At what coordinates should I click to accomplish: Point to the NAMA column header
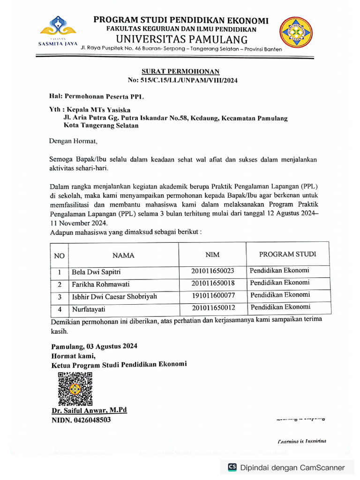[x=123, y=255]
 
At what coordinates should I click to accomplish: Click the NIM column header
[x=212, y=255]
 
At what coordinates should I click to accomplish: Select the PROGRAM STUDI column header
[x=287, y=254]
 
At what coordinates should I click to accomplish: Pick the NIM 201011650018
[x=213, y=283]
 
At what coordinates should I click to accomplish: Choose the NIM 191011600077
[x=213, y=295]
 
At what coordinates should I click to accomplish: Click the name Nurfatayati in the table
[x=90, y=309]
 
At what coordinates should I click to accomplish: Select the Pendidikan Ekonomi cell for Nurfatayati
[x=280, y=307]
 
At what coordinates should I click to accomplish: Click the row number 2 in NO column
[x=60, y=285]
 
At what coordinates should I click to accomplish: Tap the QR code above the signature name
[x=75, y=389]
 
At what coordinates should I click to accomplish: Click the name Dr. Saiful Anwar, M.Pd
[x=89, y=410]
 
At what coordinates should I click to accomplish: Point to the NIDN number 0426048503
[x=81, y=420]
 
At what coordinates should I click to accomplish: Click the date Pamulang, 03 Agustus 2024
[x=94, y=347]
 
